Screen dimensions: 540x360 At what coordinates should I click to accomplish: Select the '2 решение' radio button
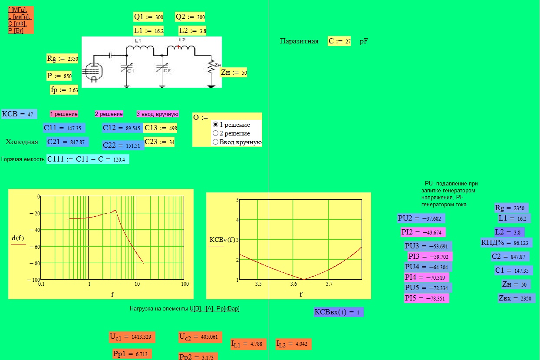pos(215,133)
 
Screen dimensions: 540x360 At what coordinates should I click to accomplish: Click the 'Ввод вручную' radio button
pos(215,142)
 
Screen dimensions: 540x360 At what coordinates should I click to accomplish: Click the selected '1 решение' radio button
pos(215,125)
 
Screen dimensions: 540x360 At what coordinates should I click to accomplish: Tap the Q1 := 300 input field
pos(148,17)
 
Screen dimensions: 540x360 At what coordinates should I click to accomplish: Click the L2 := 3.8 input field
pos(192,31)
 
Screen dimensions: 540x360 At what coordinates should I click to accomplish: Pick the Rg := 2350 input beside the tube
pos(62,58)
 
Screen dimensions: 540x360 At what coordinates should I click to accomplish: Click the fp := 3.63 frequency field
pos(64,90)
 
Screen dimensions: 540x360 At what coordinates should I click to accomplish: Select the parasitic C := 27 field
pos(339,41)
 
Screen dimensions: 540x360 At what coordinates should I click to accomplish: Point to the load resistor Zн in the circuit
pos(211,66)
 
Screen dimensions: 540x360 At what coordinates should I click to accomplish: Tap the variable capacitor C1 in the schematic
pos(127,67)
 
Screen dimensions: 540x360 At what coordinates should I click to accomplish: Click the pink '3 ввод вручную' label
pos(158,114)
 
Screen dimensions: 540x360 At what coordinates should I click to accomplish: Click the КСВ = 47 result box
pos(19,114)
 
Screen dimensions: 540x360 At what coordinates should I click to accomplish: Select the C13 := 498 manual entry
pos(161,128)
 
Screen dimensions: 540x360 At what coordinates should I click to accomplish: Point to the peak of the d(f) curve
pos(115,210)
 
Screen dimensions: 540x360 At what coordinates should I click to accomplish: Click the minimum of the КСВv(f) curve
pos(304,279)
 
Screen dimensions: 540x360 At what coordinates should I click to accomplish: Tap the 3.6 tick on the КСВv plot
pos(293,284)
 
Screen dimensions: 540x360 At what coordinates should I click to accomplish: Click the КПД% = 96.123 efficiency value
pos(506,243)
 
